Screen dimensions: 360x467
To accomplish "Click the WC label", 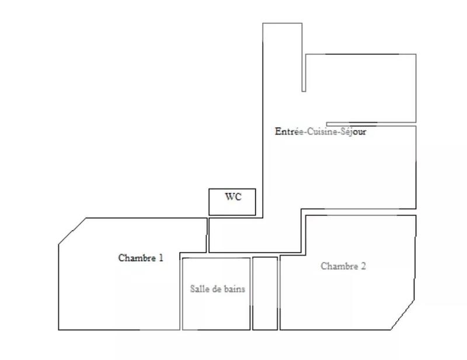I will coord(233,197).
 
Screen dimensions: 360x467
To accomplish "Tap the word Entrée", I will coord(285,132).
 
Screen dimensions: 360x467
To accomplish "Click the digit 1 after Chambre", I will coord(161,257).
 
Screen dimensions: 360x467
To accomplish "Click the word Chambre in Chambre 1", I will coord(137,257).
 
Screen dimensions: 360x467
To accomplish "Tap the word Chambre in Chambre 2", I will coord(339,266).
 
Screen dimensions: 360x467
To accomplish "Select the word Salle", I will coord(200,288).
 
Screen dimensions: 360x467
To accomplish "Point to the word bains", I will coord(235,288).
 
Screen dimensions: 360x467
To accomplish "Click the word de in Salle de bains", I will coord(217,288).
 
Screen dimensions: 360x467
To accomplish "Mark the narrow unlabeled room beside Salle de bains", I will coord(264,293).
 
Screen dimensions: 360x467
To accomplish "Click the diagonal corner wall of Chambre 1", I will coord(72,232).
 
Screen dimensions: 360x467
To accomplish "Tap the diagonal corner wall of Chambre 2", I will coord(403,315).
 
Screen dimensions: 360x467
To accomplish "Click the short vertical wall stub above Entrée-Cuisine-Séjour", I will coord(304,73).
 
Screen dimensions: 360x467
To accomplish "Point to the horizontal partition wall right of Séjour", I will coord(371,124).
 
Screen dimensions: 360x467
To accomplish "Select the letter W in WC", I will coord(229,197).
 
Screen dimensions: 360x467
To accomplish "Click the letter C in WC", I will coord(237,197).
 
